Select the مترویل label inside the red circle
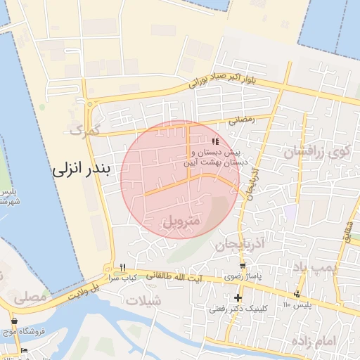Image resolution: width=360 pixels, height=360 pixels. click(x=181, y=221)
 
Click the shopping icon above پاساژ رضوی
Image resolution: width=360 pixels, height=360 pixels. click(x=243, y=266)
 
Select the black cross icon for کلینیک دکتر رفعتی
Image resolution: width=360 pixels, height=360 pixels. click(x=238, y=297)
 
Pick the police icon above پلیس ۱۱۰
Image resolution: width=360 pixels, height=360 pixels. click(x=298, y=294)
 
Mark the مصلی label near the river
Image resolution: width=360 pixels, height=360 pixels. click(x=29, y=297)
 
